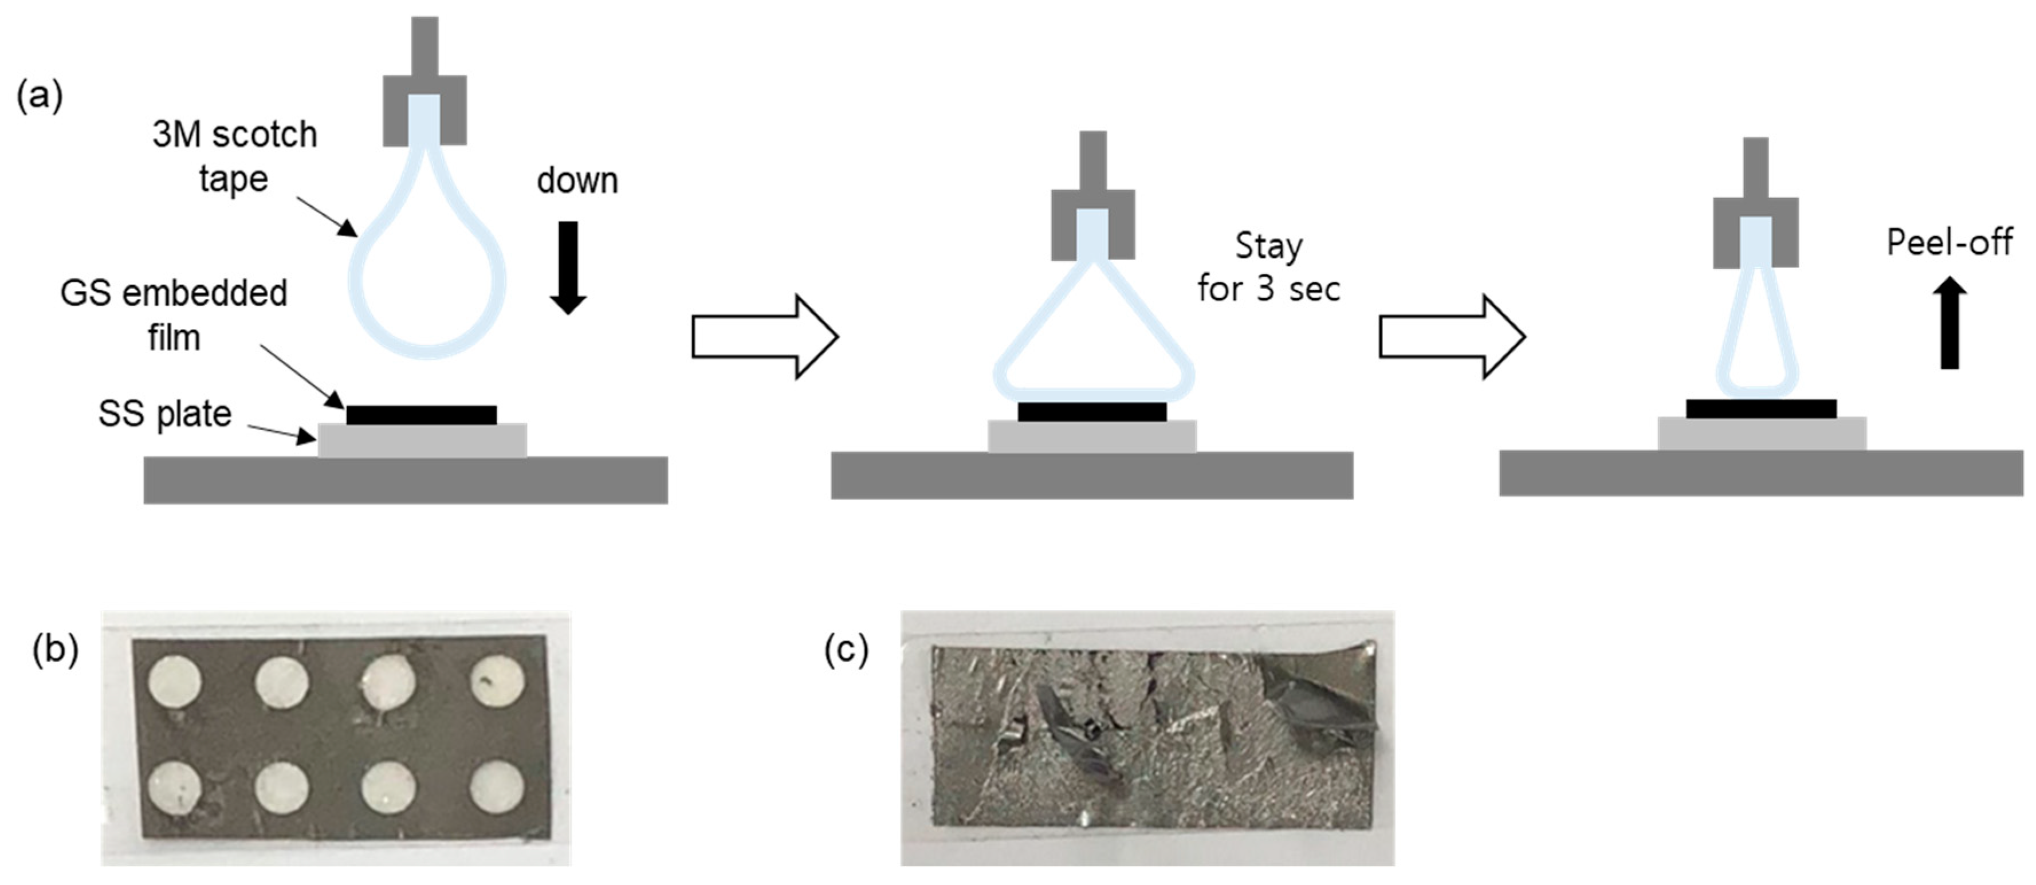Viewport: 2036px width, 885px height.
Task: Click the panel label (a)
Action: click(x=40, y=96)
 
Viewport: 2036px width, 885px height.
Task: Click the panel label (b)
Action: click(x=56, y=650)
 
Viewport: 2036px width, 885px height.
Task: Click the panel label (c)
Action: click(x=846, y=650)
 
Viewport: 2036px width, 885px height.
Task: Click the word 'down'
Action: click(x=577, y=181)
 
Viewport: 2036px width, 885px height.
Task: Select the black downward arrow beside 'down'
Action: click(x=568, y=267)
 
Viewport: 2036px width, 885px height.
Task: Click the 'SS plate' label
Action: click(x=164, y=413)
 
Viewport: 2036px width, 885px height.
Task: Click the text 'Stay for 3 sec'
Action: click(x=1268, y=267)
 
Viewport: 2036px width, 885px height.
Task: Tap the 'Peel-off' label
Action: click(x=1949, y=242)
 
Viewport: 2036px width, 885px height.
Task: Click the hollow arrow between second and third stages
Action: click(x=1451, y=337)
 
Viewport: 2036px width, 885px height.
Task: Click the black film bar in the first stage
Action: click(x=421, y=415)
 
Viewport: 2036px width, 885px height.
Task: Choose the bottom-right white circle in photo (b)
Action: click(x=497, y=788)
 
